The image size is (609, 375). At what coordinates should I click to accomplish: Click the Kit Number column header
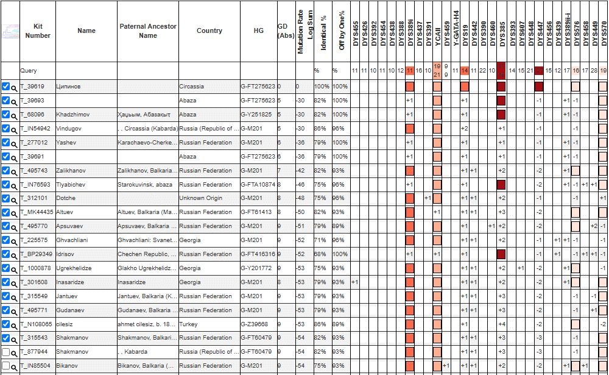coord(38,31)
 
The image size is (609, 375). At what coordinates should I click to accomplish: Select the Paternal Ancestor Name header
coord(148,31)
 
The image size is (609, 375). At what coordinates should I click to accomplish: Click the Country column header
coord(209,31)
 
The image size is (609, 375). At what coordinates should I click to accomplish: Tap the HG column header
coord(258,31)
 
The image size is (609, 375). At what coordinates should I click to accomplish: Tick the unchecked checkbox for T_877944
coord(6,352)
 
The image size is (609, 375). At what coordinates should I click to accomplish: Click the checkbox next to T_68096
coord(6,115)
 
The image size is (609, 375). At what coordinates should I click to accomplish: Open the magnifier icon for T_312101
coord(14,199)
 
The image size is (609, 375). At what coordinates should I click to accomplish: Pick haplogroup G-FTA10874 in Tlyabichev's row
coord(258,184)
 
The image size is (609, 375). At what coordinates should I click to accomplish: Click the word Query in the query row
coord(29,71)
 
